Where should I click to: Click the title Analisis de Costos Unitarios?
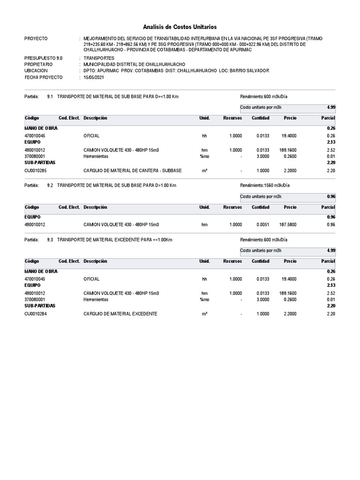(180, 27)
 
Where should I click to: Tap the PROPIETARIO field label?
(38, 64)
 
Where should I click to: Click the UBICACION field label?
(36, 70)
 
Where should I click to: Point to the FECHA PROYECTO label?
(43, 77)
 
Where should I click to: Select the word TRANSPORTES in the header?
(99, 58)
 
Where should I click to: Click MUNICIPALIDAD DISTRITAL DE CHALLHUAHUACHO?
(134, 64)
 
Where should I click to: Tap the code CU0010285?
(36, 171)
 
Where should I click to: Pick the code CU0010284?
(36, 314)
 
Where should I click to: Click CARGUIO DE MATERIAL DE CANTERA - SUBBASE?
(132, 171)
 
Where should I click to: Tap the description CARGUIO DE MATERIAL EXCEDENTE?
(120, 314)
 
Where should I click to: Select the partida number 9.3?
(50, 240)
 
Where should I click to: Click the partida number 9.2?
(50, 185)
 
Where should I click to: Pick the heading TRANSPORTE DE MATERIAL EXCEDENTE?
(115, 240)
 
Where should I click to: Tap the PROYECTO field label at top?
(36, 38)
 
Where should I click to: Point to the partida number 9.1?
(50, 96)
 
